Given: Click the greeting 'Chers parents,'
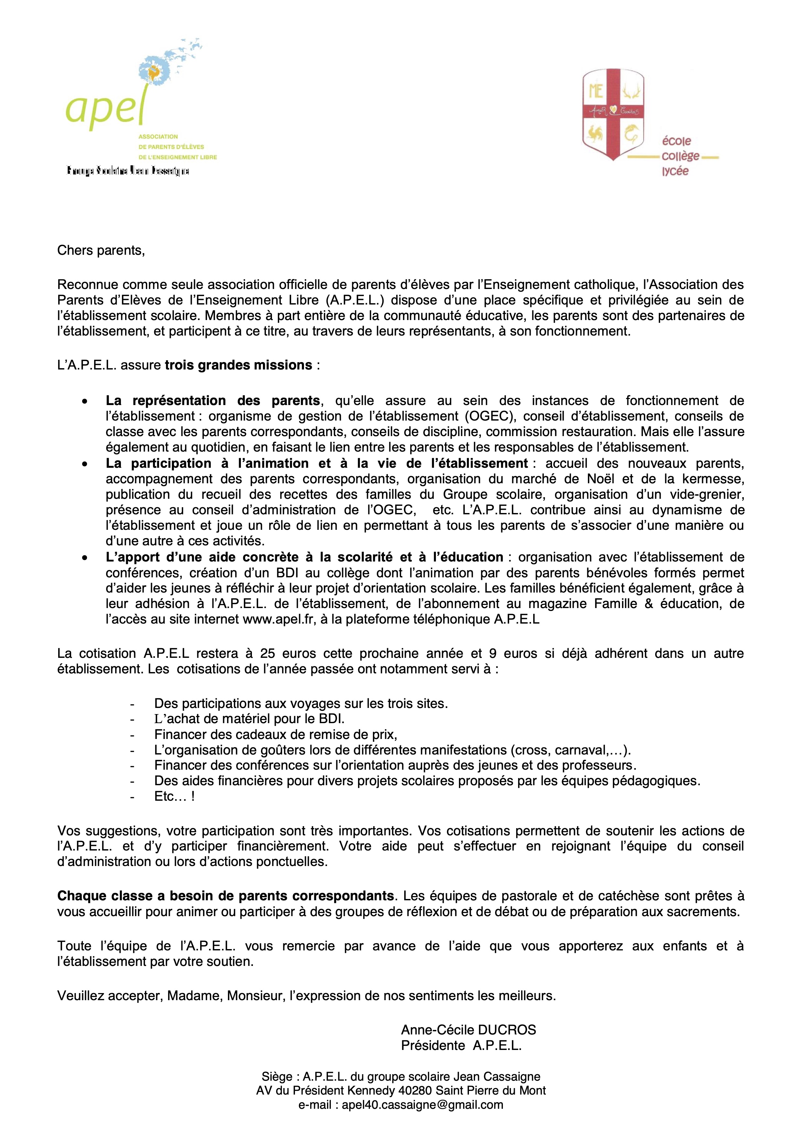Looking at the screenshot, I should click(101, 251).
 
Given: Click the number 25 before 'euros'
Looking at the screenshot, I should click(267, 653).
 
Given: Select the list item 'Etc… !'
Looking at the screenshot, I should click(174, 796).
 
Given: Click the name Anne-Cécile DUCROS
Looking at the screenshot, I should click(468, 1030).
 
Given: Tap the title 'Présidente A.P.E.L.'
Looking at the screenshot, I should click(461, 1046).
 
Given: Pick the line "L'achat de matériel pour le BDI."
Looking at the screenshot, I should click(249, 718).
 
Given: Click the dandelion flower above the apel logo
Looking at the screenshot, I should click(154, 73).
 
